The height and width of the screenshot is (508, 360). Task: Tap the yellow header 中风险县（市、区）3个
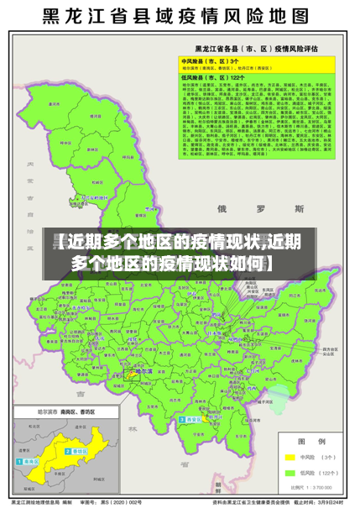coord(211,61)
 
